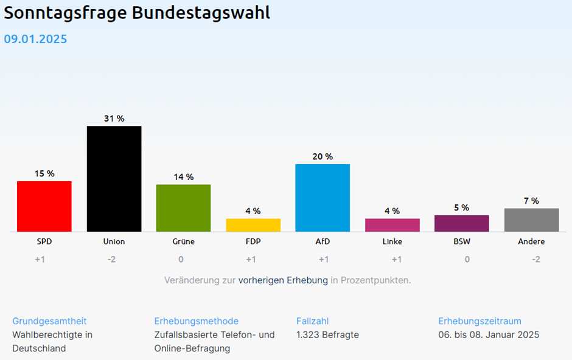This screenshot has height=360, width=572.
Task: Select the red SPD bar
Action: click(44, 206)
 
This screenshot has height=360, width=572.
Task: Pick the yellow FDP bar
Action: click(253, 224)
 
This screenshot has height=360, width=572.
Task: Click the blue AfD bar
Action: click(323, 198)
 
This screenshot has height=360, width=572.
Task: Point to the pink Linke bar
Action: click(392, 224)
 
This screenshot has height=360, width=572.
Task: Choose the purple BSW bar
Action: click(462, 223)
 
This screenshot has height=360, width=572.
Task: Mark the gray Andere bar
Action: click(531, 220)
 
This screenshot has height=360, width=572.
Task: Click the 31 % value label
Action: click(114, 119)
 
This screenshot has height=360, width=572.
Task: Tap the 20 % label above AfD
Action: click(323, 157)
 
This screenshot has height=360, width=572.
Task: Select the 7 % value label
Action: click(531, 201)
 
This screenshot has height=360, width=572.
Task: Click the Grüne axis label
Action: click(183, 241)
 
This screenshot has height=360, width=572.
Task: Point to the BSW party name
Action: click(462, 241)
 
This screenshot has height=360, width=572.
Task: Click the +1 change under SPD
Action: click(40, 259)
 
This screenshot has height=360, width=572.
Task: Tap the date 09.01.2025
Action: click(35, 40)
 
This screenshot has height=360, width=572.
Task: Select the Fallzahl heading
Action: click(313, 321)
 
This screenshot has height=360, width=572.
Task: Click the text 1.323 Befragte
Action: click(327, 334)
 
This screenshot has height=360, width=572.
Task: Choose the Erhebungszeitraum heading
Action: click(480, 321)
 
